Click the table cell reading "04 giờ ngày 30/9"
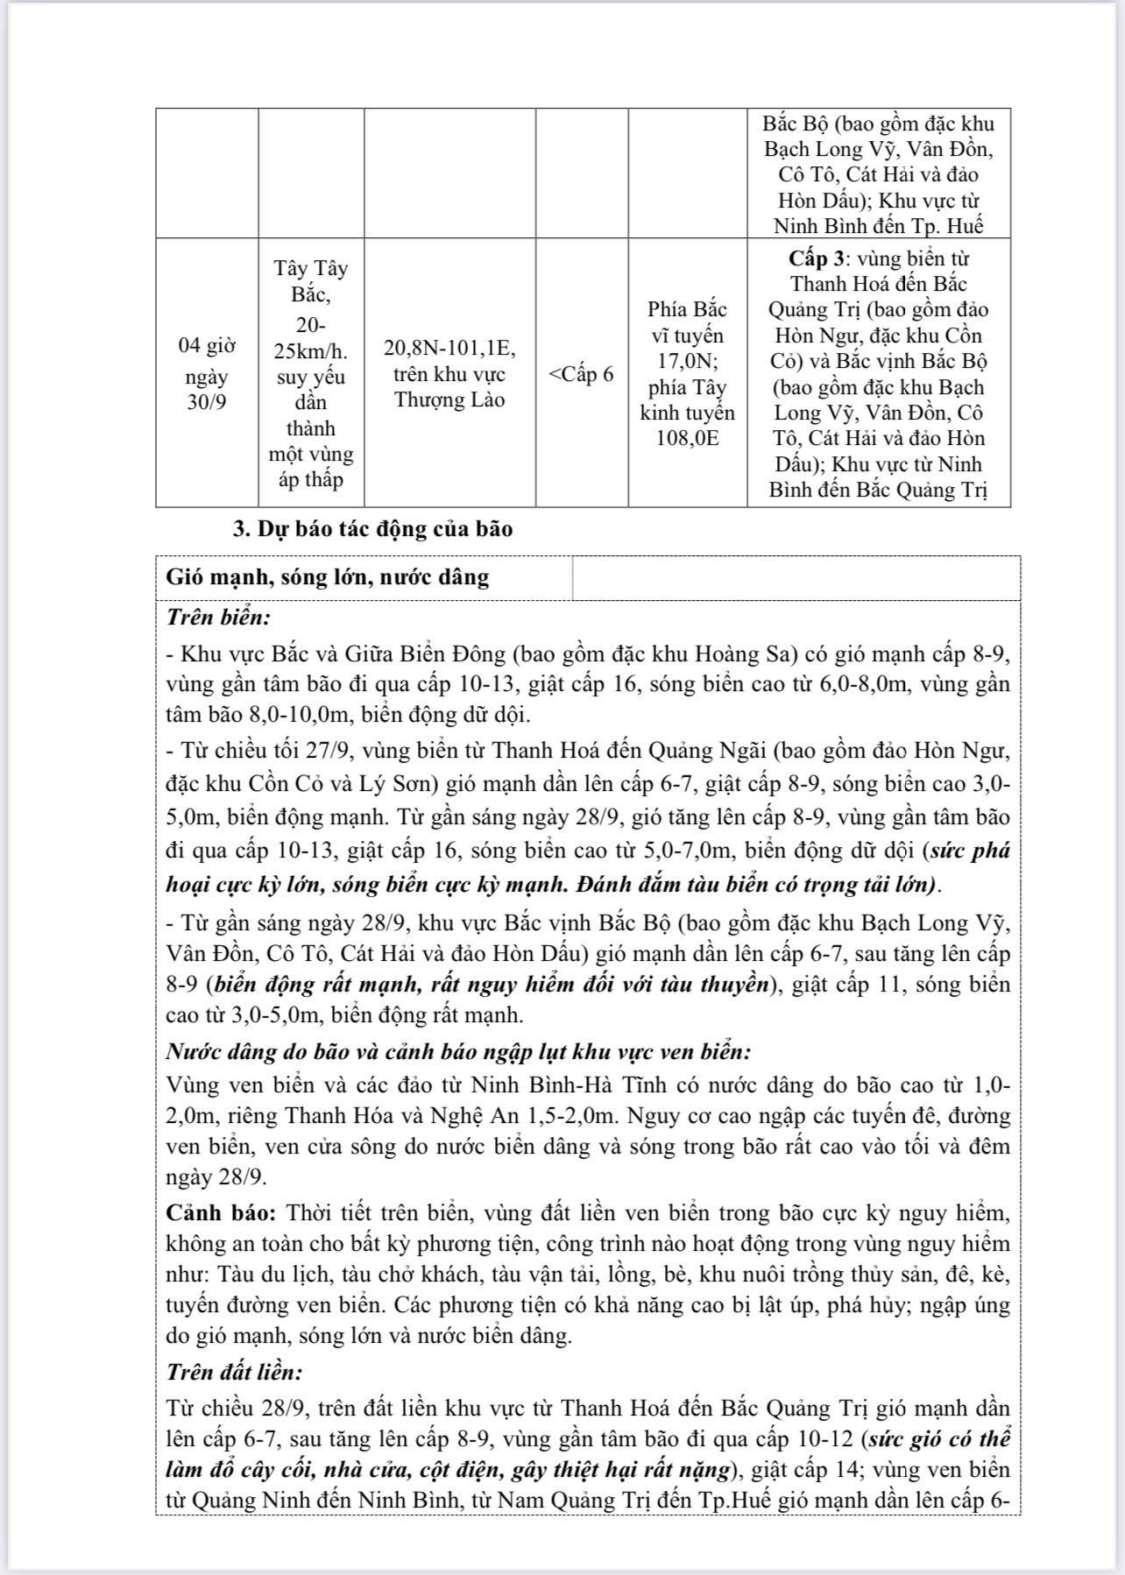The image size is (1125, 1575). pos(207,374)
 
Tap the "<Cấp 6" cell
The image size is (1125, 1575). pos(582,374)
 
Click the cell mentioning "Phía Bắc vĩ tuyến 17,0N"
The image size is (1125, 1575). pos(687,373)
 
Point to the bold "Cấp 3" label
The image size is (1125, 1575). pos(818,258)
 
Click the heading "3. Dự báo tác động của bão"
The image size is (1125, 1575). pos(372,529)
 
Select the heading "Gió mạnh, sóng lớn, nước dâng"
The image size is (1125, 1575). pos(328,577)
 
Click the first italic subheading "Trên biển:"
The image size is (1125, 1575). pos(218,617)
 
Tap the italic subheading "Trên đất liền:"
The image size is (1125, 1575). pos(234,1372)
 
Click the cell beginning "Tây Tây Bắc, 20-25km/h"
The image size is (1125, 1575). pos(311,373)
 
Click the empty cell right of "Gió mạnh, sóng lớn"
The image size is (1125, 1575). pos(796,578)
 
